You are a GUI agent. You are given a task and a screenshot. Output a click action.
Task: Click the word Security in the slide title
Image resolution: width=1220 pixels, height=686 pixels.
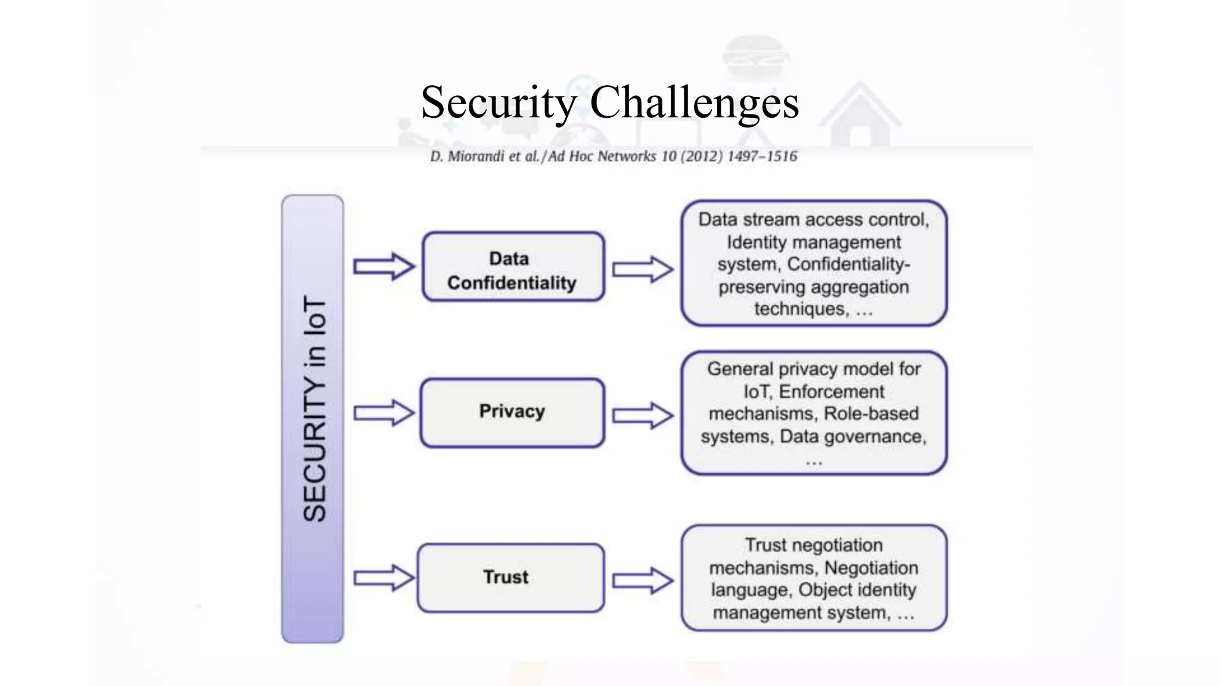pos(498,102)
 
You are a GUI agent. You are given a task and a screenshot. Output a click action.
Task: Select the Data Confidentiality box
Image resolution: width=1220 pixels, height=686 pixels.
pos(513,267)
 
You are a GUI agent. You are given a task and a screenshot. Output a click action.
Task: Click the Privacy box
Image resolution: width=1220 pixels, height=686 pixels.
pos(512,412)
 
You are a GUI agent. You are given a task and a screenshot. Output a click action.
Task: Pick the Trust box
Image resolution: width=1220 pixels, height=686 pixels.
pos(511,577)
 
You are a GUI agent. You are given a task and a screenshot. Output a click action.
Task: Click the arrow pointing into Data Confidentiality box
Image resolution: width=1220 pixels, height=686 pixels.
pos(384,266)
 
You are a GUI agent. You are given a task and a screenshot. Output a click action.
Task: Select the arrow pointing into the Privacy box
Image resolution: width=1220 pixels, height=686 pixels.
pos(384,413)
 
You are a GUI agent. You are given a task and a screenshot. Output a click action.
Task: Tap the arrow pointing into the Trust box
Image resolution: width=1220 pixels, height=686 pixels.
pos(384,578)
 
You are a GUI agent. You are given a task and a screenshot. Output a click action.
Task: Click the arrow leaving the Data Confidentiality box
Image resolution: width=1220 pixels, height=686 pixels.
pos(642,269)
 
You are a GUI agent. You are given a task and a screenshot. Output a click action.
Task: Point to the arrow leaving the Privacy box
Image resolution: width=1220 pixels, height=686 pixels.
pos(642,415)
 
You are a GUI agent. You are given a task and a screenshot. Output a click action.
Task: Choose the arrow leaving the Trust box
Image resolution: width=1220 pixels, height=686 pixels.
pos(642,580)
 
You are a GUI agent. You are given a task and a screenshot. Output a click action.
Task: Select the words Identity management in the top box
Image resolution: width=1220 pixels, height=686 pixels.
pos(813,242)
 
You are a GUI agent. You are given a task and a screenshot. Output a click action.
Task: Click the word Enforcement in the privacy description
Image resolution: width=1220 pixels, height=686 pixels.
pos(831,391)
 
